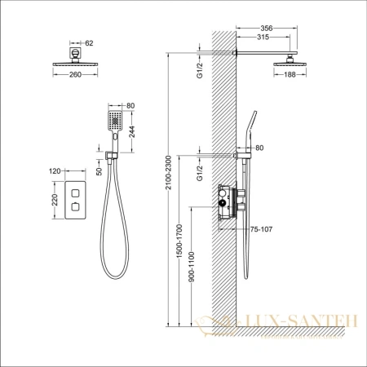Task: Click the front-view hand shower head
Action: tap(115, 122)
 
